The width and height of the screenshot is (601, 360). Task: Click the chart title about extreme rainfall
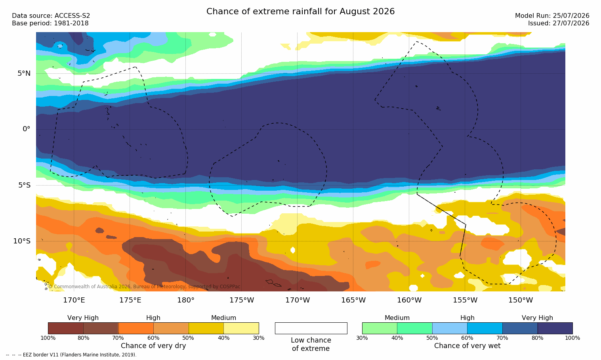[x=300, y=11]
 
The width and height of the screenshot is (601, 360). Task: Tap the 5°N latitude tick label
[x=24, y=73]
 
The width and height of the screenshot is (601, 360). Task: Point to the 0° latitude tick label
[x=26, y=129]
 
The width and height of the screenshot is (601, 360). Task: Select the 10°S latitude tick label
[x=22, y=241]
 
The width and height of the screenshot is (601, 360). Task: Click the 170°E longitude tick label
[x=74, y=300]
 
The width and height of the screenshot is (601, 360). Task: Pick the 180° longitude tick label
[x=186, y=300]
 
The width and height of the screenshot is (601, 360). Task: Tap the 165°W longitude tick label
[x=353, y=300]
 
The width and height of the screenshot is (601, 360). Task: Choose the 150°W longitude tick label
[x=521, y=300]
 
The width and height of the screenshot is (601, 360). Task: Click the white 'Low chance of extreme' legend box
[x=311, y=328]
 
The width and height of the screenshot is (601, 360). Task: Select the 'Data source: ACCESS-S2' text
[x=51, y=16]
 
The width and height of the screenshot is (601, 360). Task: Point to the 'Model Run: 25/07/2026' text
[x=552, y=16]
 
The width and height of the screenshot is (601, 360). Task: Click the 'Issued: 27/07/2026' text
[x=559, y=23]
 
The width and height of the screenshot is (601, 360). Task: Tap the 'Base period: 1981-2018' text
[x=50, y=23]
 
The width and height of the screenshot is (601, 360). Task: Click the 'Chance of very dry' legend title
[x=153, y=346]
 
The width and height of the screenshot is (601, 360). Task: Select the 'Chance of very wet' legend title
[x=467, y=346]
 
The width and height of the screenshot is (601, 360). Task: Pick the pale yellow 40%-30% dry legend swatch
[x=241, y=328]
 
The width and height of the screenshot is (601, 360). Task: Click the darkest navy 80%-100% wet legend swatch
[x=555, y=328]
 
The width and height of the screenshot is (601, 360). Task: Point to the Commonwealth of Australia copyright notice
[x=144, y=287]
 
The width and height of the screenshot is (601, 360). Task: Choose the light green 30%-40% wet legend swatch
[x=380, y=328]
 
